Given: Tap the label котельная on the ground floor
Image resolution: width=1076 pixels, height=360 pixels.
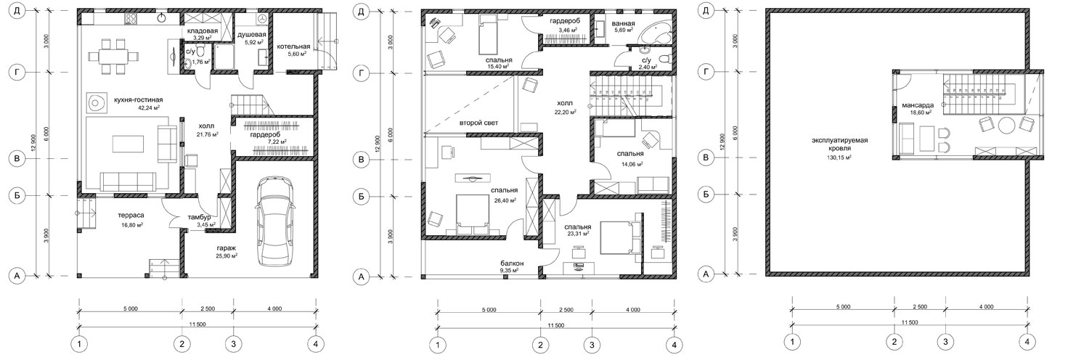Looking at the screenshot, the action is (293, 46).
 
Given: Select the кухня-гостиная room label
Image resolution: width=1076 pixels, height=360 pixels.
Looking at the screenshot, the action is (139, 100).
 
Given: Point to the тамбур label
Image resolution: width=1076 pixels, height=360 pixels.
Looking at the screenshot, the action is (200, 218).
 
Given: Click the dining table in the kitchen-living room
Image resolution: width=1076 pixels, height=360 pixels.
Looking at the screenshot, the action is (113, 57).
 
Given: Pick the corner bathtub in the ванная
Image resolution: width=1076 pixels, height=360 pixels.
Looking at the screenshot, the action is (655, 32).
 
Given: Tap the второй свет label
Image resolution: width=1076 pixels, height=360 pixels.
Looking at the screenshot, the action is (479, 123).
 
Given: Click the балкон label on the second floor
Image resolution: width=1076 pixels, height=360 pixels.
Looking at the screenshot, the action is (512, 263).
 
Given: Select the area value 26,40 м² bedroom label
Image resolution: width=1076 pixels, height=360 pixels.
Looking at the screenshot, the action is (505, 200).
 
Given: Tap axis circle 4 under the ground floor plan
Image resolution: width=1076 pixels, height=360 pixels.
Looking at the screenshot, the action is (316, 344).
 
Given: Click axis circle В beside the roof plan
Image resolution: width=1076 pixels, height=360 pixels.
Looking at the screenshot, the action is (706, 157).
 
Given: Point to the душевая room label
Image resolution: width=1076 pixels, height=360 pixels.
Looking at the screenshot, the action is (252, 35).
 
